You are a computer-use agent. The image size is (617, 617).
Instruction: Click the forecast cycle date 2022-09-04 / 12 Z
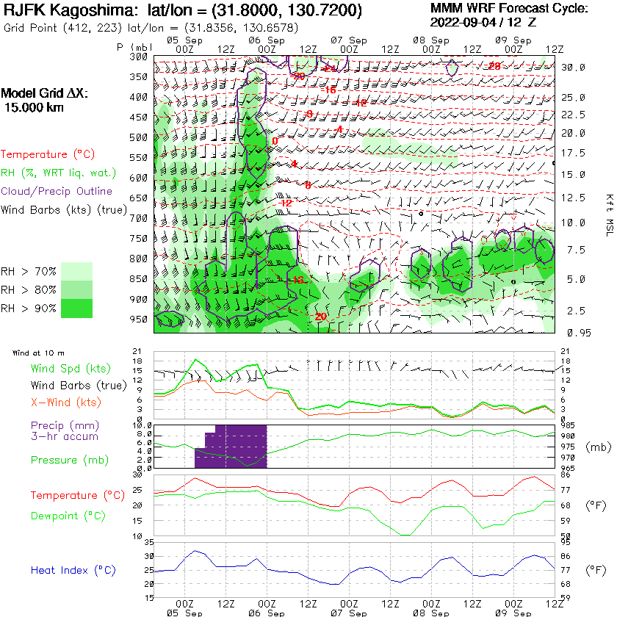pos(482,22)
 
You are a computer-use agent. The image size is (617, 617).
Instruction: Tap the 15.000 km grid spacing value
pos(34,107)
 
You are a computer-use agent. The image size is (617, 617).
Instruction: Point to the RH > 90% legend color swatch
pos(76,308)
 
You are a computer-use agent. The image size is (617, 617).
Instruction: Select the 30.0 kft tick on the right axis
pos(573,68)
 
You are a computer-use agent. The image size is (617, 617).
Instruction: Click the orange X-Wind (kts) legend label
pos(66,403)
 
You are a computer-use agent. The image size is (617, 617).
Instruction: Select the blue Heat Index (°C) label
pos(70,570)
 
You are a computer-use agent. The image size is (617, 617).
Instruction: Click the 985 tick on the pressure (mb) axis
pos(568,425)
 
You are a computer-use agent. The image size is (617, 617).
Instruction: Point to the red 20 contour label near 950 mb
pos(320,317)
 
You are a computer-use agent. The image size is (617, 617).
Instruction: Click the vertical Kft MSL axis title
pos(609,209)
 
